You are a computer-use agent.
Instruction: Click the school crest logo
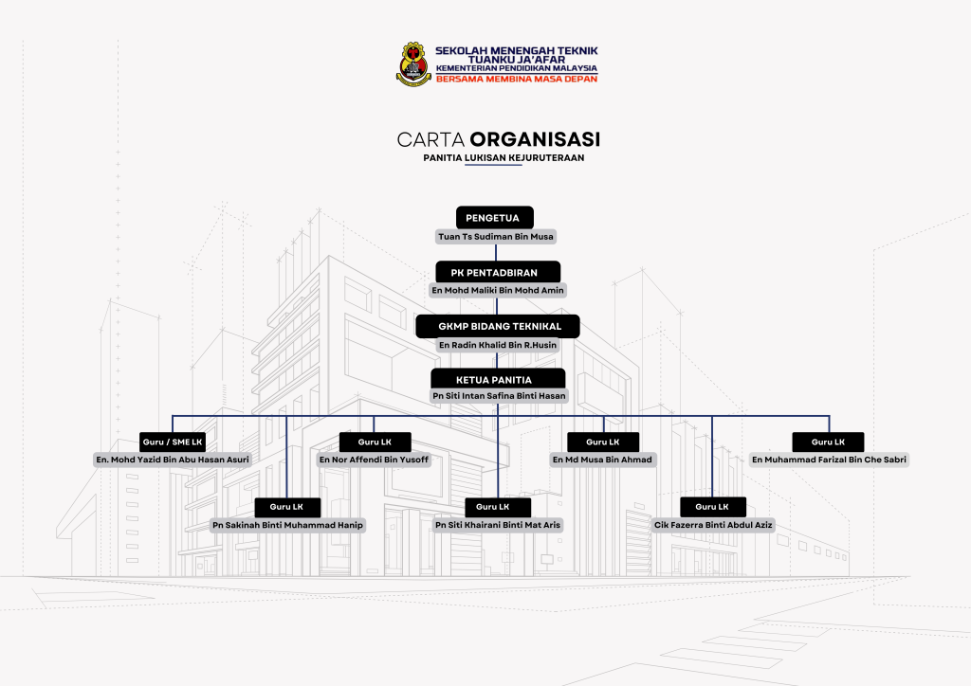point(413,63)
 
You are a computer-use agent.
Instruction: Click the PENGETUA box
point(495,218)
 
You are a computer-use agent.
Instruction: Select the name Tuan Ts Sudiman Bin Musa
point(496,236)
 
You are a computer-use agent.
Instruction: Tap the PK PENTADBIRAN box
point(498,272)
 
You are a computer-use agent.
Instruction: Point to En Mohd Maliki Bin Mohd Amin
point(498,290)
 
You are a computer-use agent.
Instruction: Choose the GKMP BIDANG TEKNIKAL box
point(498,326)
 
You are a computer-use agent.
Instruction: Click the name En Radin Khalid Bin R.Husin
point(498,345)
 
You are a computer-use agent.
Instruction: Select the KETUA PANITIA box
point(498,379)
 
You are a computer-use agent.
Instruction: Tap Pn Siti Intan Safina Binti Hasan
point(499,396)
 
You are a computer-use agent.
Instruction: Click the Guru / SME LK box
point(173,442)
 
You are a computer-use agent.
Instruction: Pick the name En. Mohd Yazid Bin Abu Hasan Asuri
point(173,460)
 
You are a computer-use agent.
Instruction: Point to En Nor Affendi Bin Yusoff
point(374,460)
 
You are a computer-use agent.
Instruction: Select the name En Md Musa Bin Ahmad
point(602,460)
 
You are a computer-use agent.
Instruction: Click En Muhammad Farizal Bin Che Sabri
point(829,460)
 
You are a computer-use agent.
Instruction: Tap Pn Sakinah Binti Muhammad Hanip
point(288,525)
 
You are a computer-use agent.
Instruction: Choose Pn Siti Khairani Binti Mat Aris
point(498,525)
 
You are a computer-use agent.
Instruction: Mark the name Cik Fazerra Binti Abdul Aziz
point(713,525)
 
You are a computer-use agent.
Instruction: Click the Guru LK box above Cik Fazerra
point(713,507)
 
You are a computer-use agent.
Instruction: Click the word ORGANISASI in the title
point(535,139)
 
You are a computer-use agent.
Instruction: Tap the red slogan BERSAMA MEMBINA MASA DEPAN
point(517,80)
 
